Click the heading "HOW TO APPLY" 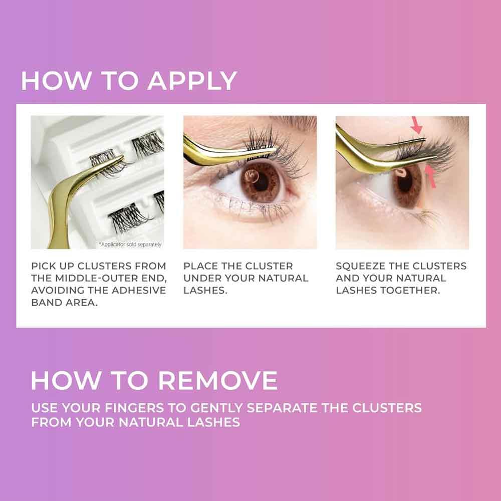click(129, 81)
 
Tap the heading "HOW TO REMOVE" click(154, 381)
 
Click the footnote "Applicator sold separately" click(130, 244)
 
